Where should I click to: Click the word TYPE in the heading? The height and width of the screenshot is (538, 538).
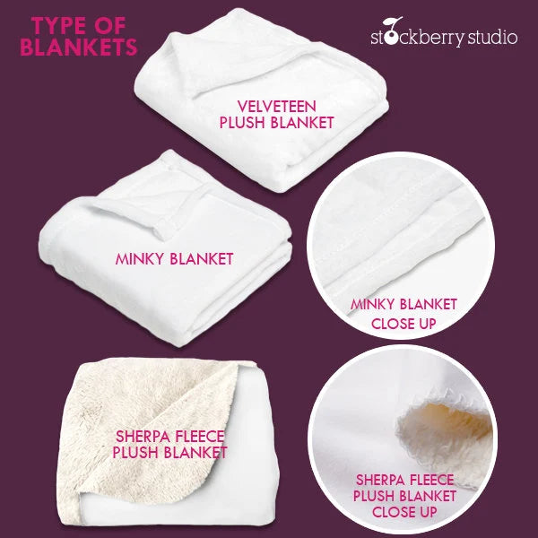(x=58, y=26)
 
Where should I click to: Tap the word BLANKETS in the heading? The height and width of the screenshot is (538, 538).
(x=79, y=47)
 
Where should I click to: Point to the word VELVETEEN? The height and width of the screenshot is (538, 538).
(x=276, y=107)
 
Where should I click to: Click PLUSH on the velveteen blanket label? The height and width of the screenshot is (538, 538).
(x=243, y=123)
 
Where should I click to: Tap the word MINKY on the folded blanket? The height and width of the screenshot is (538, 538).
(x=140, y=259)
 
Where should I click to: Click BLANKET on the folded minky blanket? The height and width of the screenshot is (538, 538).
(x=202, y=259)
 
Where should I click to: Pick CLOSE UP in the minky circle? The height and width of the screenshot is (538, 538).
(x=403, y=324)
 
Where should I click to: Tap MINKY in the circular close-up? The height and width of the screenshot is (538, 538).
(x=372, y=304)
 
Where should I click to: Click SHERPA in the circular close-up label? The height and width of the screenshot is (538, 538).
(x=380, y=480)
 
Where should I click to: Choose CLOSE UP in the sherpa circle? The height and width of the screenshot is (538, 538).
(x=404, y=512)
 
